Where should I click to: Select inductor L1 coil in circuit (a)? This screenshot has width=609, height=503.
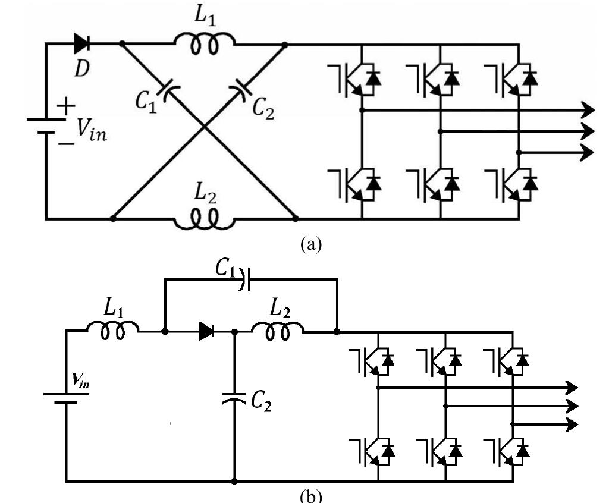tap(205, 44)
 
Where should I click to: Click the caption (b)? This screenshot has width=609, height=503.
tap(307, 495)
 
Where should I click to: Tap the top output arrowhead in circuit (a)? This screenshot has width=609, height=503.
tap(588, 109)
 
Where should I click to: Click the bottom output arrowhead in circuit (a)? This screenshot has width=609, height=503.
tap(588, 152)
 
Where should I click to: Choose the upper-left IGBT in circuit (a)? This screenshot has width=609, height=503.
tap(353, 79)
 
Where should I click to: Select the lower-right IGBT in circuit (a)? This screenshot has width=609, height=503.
tap(511, 184)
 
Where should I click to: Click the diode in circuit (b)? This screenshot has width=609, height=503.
tap(206, 331)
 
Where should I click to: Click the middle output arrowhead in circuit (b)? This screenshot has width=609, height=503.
tap(572, 406)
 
